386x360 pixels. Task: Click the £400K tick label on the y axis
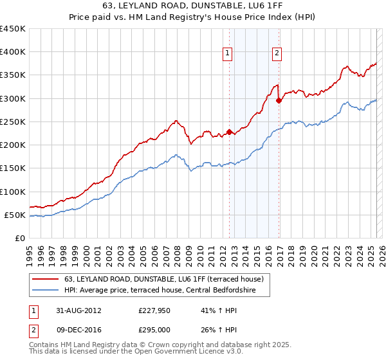click(13, 52)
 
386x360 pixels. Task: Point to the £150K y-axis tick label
click(13, 168)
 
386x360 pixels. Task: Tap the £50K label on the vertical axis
click(15, 215)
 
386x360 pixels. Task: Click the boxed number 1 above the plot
click(228, 53)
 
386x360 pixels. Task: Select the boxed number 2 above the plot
click(277, 53)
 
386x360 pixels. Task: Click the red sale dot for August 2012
click(230, 132)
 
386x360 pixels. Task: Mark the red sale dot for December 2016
click(279, 100)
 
